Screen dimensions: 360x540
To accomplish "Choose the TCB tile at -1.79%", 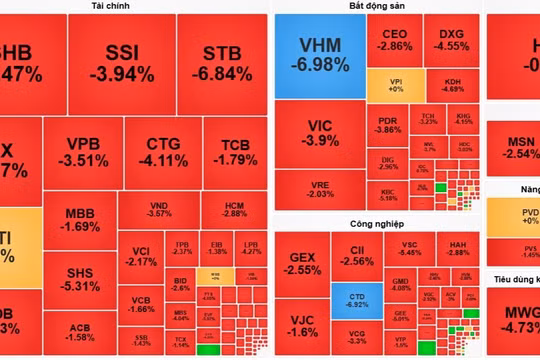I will point(231,154).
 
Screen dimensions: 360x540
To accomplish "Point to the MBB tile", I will point(80,220).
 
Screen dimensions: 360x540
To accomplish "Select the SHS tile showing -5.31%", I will point(80,279).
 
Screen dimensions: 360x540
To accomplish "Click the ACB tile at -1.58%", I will point(80,332).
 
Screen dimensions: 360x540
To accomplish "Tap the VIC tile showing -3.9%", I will point(320,133).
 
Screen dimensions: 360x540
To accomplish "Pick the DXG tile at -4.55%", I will point(451,41).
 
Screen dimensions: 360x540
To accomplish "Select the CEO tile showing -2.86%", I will point(395,41).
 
